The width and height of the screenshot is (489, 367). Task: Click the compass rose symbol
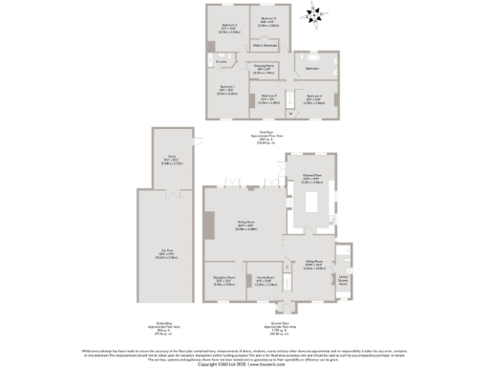coord(312,13)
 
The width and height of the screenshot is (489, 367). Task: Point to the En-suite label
coord(221,62)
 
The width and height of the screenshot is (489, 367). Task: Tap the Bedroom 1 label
coord(228,91)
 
